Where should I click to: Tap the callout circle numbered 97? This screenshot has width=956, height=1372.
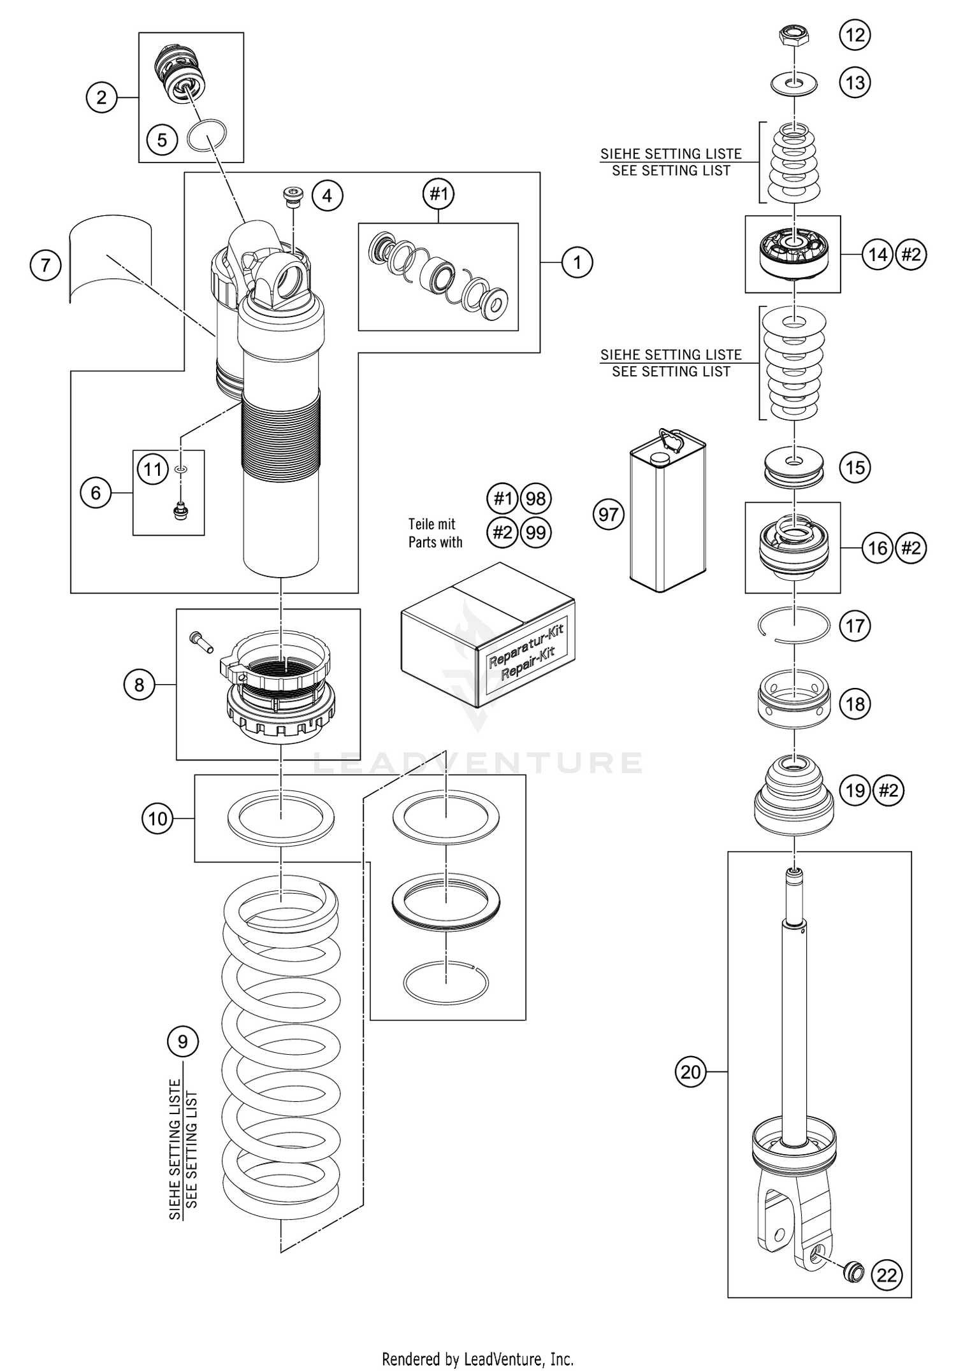609,514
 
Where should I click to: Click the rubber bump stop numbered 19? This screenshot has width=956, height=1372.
794,796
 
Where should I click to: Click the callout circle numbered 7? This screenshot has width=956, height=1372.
45,265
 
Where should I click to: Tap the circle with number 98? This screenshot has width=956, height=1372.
536,499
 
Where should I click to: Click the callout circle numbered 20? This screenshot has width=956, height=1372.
691,1072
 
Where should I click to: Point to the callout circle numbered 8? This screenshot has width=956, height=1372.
139,685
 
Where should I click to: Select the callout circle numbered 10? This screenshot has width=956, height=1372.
157,818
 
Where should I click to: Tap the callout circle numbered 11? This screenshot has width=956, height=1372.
152,469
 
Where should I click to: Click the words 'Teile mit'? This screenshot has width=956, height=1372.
431,524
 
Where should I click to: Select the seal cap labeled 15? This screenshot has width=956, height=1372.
794,468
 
